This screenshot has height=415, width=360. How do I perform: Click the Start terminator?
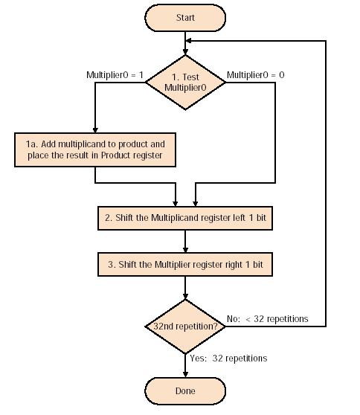(x=185, y=18)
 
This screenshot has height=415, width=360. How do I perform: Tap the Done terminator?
(x=185, y=391)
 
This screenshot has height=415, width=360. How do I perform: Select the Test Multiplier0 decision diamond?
(x=185, y=83)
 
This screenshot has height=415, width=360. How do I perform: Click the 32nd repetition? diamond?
(x=185, y=326)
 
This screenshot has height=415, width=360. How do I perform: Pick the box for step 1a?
(x=95, y=149)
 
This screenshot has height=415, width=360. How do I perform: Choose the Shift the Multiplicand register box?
(x=185, y=218)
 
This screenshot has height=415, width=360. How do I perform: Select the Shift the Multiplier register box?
(x=185, y=265)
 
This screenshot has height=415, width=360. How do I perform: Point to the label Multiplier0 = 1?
(x=115, y=75)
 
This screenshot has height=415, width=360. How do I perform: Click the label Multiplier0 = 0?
(x=256, y=75)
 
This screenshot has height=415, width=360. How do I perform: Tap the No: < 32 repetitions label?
(x=268, y=319)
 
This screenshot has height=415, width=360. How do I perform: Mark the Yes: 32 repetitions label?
(x=228, y=358)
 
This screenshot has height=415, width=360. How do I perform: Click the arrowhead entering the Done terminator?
(x=185, y=374)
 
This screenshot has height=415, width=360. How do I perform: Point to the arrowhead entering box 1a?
(x=95, y=129)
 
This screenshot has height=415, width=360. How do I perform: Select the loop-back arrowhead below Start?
(x=188, y=41)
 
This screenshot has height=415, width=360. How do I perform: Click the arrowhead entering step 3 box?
(x=185, y=250)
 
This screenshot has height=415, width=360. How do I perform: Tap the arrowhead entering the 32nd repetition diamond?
(x=185, y=296)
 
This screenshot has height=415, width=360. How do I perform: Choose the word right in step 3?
(x=234, y=265)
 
